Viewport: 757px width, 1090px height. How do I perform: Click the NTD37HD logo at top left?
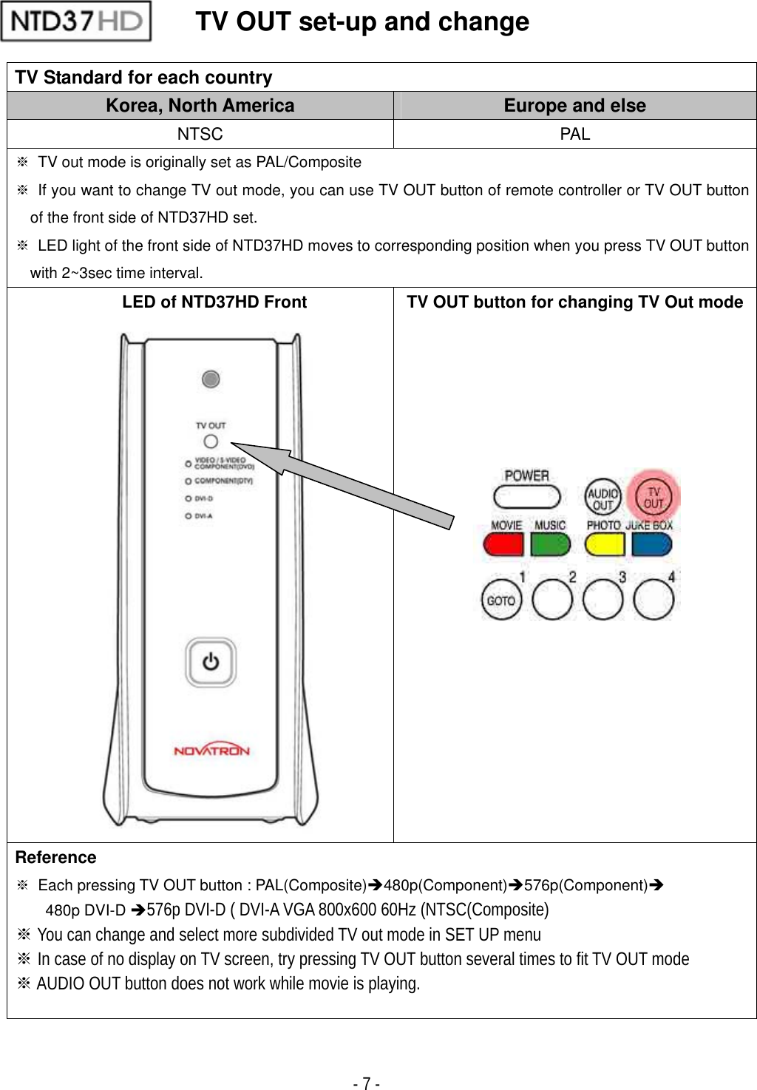click(x=76, y=21)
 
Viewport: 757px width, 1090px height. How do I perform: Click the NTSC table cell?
click(x=200, y=134)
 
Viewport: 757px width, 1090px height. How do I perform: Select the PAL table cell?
click(x=574, y=134)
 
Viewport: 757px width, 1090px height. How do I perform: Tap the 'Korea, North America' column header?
click(x=200, y=106)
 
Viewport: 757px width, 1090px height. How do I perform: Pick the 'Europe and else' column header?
click(x=574, y=106)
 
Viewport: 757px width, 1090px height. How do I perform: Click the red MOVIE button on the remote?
click(x=503, y=545)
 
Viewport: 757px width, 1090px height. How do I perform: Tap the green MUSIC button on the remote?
click(x=551, y=545)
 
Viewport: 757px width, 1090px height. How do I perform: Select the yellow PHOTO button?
click(x=604, y=545)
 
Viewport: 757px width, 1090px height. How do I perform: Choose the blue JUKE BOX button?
click(x=652, y=545)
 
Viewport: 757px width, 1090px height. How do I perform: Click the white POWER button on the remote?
click(x=526, y=496)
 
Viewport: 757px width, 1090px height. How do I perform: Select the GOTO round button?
click(x=501, y=600)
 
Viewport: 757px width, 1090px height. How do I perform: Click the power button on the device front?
click(x=211, y=662)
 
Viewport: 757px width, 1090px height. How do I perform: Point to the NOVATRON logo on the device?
click(x=211, y=750)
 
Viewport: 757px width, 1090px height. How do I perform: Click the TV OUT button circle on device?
click(x=211, y=441)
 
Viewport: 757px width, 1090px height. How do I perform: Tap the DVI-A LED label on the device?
click(x=203, y=516)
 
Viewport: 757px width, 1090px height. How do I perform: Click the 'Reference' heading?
click(x=56, y=857)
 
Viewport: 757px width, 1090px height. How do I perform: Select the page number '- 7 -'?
click(x=367, y=1083)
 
